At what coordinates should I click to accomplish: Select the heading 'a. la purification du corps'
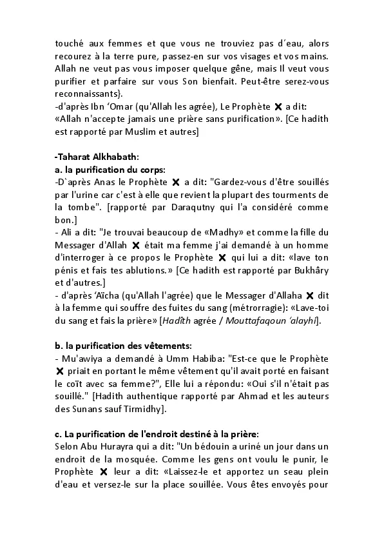coord(102,170)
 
